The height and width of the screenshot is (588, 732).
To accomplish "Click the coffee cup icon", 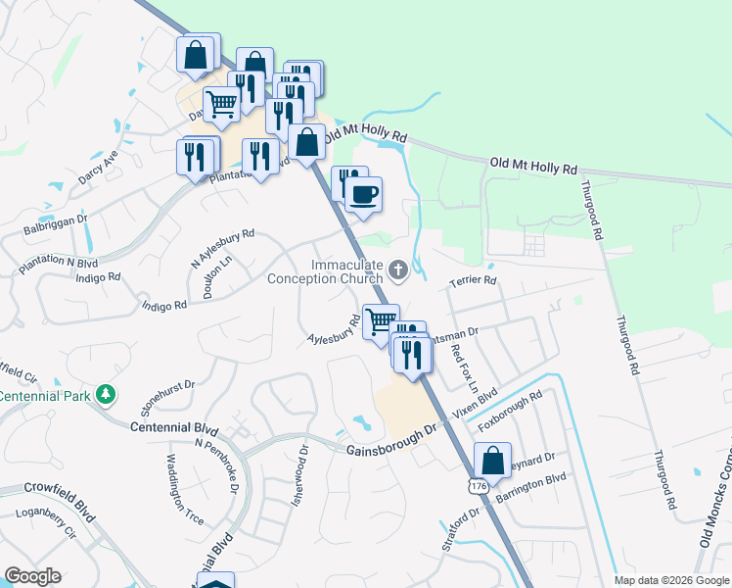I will pos(364,193).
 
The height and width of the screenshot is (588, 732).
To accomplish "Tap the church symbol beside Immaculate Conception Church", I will pos(398,269).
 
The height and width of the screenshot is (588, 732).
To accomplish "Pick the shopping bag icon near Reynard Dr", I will pos(492,459).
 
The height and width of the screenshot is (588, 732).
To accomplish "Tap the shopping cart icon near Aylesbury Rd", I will pos(380,318).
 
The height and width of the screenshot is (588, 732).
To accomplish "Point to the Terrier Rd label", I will pos(474,281).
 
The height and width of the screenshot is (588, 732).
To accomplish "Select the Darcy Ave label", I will pos(98,167).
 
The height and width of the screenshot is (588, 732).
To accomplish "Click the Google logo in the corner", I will pos(33,576).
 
